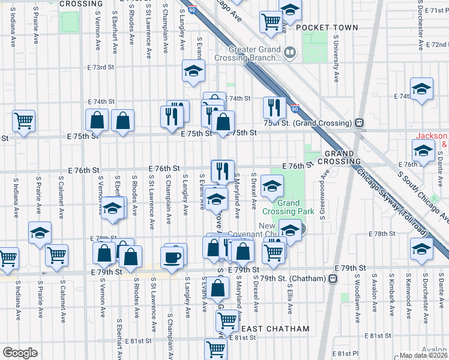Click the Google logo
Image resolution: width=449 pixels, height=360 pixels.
pos(19,352)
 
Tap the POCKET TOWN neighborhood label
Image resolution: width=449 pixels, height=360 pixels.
pos(327,28)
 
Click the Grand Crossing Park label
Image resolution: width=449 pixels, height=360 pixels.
pos(288,208)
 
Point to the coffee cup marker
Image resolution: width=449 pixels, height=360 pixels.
pos(174,256)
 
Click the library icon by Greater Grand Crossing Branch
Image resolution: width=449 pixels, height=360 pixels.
pos(291,53)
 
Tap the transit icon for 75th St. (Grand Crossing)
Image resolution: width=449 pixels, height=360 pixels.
pos(359,123)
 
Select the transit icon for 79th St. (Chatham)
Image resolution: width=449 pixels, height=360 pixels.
pos(332,278)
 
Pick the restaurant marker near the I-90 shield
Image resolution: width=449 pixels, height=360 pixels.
pos(274,108)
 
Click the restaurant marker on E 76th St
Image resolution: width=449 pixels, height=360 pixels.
pos(223,170)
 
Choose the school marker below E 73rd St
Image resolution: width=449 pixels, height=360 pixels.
pos(194,71)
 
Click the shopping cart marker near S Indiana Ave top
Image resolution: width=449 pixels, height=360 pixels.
pos(24,121)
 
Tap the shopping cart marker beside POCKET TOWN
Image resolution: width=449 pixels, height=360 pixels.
pos(271,22)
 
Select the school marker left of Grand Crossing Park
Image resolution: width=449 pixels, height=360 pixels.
pos(273,186)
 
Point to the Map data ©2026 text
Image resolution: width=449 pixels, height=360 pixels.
pos(424,355)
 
